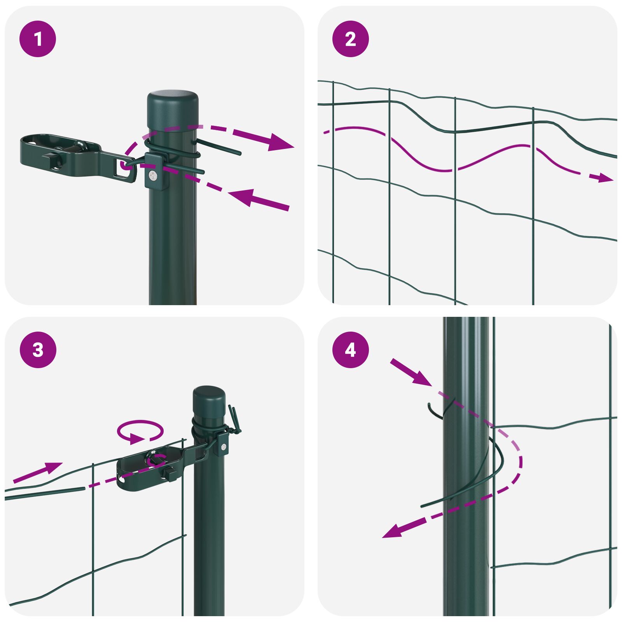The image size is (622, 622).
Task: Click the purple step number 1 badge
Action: [38, 39]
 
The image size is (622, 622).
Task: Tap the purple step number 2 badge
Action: [350, 39]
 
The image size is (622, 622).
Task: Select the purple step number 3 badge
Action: [38, 350]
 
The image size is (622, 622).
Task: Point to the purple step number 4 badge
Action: [350, 350]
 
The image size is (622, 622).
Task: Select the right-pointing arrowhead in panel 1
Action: [281, 142]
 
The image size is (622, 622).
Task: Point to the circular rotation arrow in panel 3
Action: [140, 431]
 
